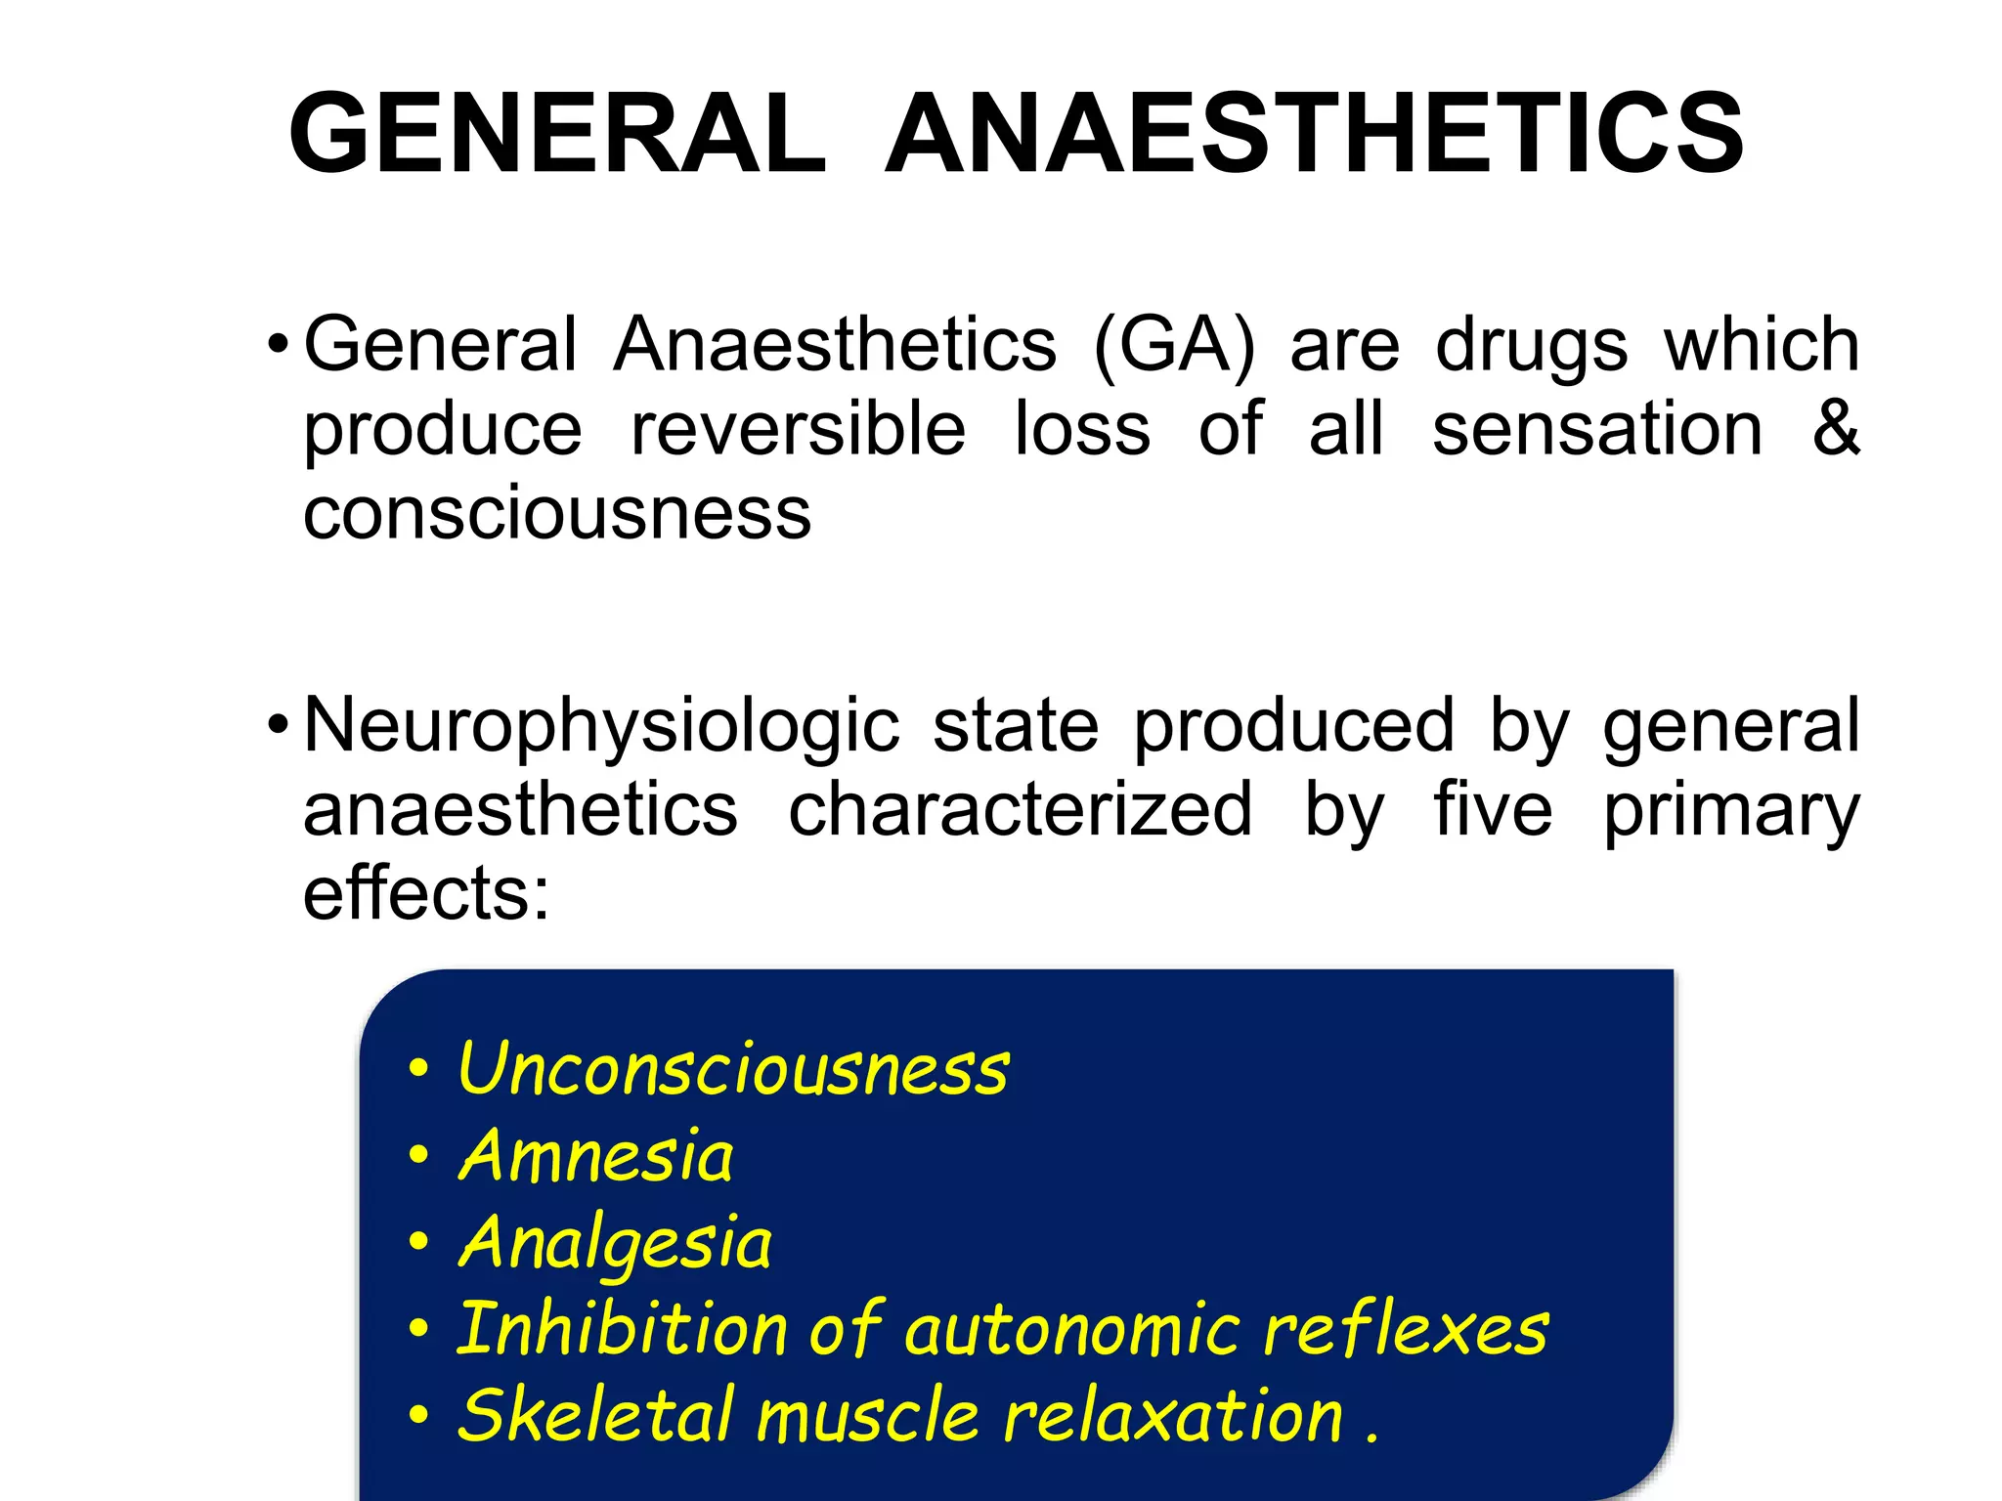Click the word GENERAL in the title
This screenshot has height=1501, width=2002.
(x=558, y=134)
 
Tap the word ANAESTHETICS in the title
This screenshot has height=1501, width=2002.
(x=1314, y=134)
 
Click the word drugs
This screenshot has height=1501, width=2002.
(x=1531, y=347)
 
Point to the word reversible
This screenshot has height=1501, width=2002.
(x=798, y=429)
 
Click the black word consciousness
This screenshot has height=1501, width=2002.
(x=557, y=514)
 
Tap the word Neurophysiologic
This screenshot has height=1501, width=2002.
(x=601, y=728)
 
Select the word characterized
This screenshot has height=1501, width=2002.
(x=1020, y=810)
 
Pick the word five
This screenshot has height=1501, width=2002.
(x=1493, y=810)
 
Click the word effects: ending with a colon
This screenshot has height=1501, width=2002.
(x=427, y=893)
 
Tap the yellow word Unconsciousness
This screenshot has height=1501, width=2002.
(x=733, y=1069)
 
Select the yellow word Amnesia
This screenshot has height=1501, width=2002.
(x=595, y=1156)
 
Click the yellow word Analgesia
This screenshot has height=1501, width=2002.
(x=615, y=1244)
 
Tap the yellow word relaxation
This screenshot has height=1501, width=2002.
(x=1173, y=1417)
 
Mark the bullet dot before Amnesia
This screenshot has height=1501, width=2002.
(x=419, y=1156)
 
